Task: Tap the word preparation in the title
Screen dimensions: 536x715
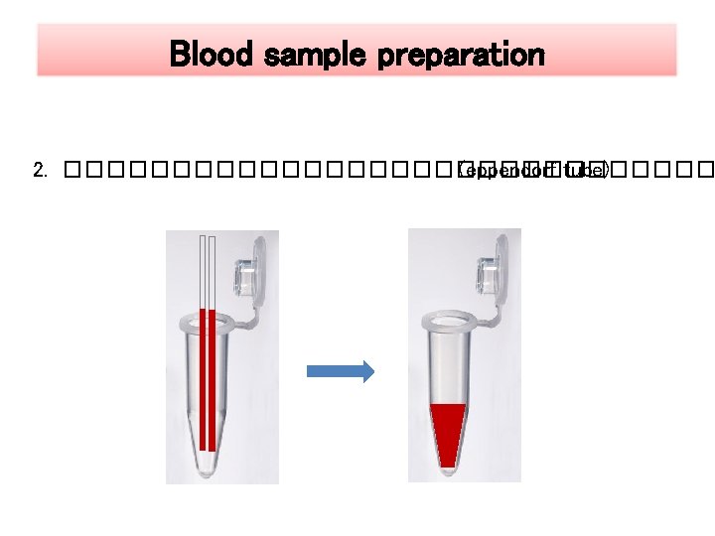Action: (x=463, y=54)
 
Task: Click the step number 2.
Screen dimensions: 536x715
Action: (x=39, y=171)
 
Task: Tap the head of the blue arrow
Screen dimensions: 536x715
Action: (x=366, y=372)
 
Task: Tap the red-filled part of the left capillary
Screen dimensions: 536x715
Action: (x=203, y=377)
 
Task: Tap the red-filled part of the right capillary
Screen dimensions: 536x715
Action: (x=212, y=377)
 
